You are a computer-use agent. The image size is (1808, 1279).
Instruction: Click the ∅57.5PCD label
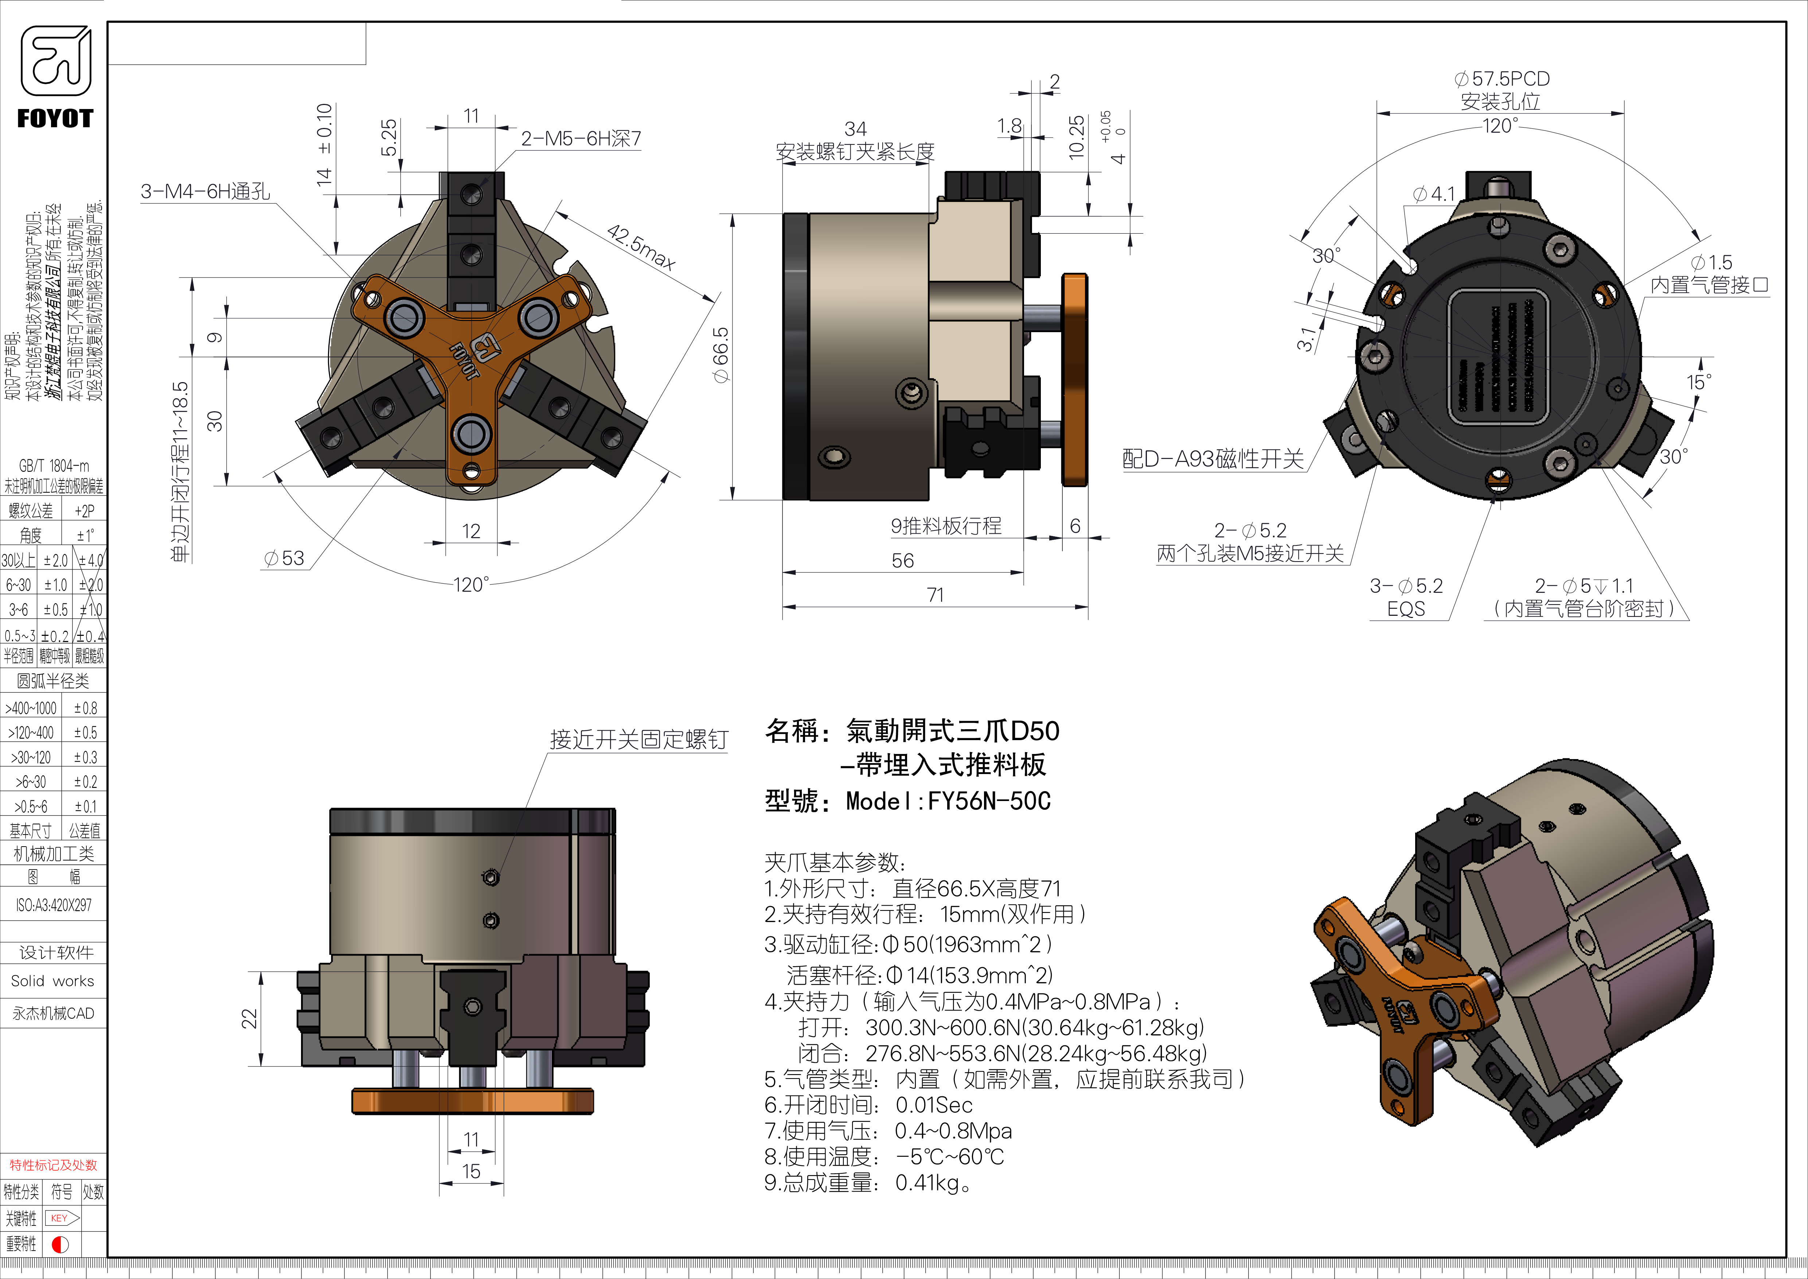click(x=1501, y=79)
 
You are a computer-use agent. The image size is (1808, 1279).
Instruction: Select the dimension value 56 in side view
click(x=902, y=561)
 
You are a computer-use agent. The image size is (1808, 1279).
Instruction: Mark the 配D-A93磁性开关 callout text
click(x=1213, y=459)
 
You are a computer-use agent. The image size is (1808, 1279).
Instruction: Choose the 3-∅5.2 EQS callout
click(x=1406, y=597)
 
